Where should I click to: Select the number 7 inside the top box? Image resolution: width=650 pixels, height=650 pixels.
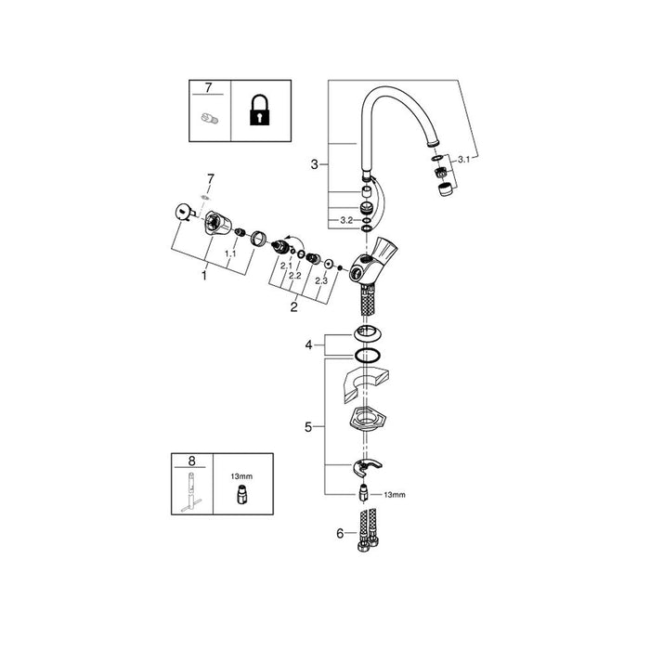coord(208,87)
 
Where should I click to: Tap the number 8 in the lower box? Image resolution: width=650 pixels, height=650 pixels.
coord(191,461)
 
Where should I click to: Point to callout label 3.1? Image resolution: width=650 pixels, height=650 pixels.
coord(464,159)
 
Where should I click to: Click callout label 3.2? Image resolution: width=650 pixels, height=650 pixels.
coord(346,221)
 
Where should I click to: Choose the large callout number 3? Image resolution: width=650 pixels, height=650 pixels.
coord(315,164)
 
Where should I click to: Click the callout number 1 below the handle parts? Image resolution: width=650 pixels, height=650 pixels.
coord(204,275)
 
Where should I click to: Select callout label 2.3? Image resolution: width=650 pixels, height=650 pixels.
coord(321,280)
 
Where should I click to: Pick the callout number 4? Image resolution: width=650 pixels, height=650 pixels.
coord(308,344)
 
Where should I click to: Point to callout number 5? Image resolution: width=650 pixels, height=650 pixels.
coord(308,427)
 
